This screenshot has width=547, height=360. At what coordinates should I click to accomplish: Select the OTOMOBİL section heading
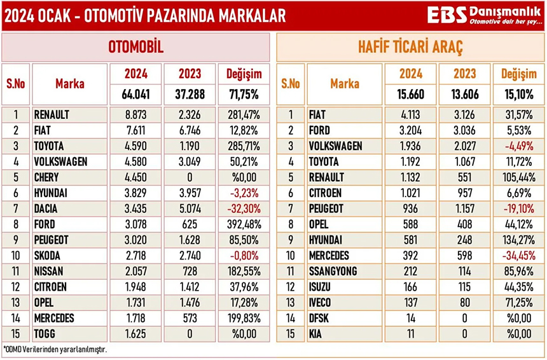point(136,47)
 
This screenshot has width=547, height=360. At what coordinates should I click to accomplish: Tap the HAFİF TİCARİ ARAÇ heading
point(410,47)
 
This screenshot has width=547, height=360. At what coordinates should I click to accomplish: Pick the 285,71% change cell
point(244,146)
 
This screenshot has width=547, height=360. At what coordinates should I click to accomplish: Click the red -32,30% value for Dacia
point(244,208)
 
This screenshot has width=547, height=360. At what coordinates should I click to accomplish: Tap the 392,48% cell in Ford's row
point(244,224)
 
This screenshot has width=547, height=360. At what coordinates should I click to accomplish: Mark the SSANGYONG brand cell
point(327,271)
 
